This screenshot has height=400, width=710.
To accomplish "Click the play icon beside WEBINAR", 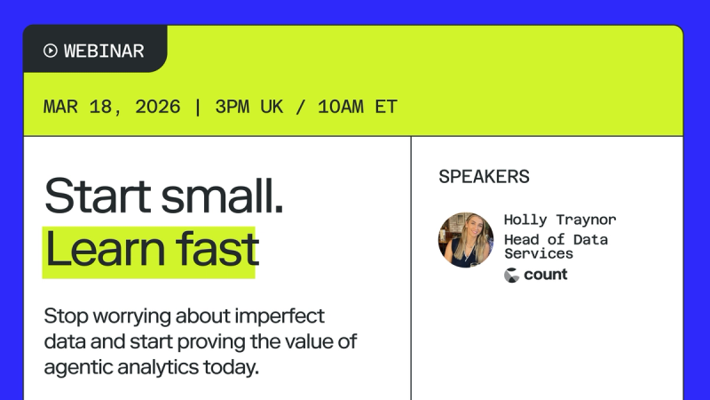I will (51, 51).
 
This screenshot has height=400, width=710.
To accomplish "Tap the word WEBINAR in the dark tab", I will (104, 51).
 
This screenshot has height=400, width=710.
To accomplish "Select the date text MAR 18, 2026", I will (112, 108).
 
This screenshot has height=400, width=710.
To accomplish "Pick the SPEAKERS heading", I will (484, 177).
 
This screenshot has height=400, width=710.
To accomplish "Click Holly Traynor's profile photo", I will (465, 239).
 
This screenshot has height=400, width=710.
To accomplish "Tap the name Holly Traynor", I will (559, 220).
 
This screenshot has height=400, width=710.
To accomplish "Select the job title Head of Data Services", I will (556, 246).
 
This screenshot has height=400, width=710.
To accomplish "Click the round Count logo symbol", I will (511, 275).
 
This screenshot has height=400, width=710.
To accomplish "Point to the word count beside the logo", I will (546, 275).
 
